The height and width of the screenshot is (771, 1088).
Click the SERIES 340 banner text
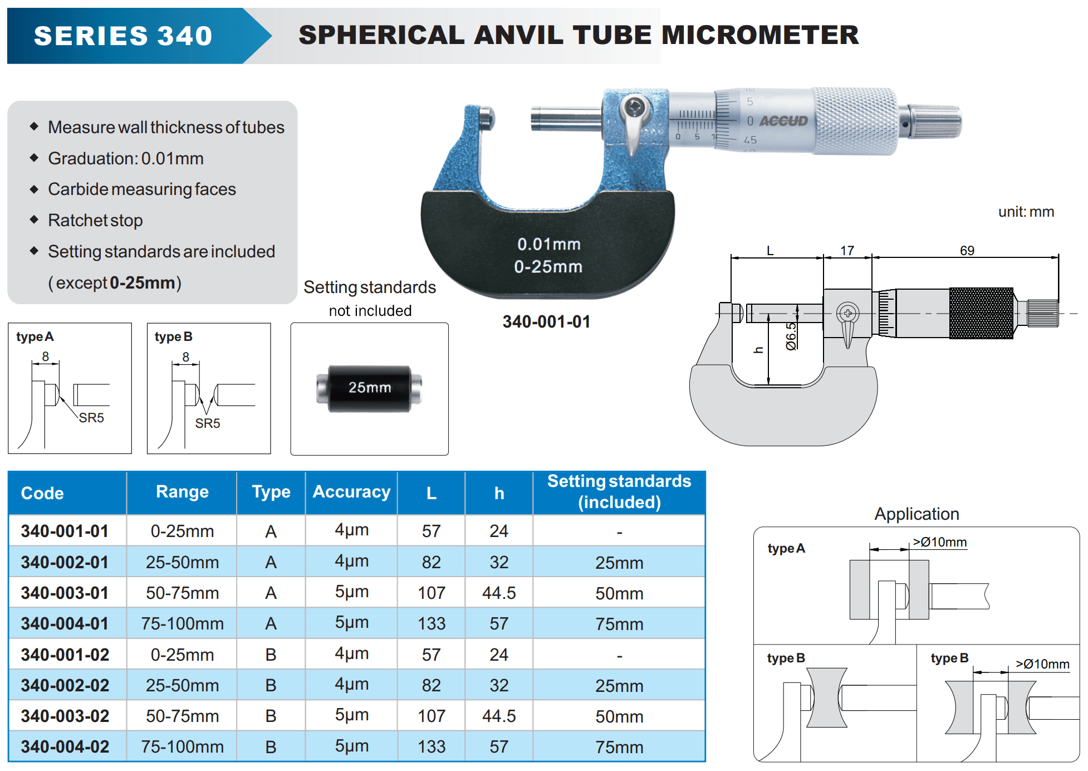123,36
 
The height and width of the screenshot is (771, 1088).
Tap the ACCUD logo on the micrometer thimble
783,121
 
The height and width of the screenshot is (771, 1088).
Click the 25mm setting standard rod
369,388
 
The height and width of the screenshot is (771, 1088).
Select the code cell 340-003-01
65,593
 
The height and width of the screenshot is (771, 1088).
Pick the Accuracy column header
351,492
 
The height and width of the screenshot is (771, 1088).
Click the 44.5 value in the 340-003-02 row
499,716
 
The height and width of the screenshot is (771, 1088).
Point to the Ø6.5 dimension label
791,336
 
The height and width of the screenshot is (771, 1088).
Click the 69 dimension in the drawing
967,251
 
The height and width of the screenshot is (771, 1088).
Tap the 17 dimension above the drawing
847,251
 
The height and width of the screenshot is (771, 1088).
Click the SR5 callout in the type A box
91,418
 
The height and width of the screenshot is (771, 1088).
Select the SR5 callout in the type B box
207,423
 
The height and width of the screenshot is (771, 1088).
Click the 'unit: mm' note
1026,212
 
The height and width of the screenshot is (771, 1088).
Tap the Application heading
917,514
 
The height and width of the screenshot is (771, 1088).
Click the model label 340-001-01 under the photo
546,321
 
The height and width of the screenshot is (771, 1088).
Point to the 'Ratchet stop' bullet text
95,221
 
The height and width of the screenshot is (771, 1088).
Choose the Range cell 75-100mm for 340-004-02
182,746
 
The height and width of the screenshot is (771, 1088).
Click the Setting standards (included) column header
619,491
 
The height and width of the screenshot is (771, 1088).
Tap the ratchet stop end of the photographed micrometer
935,121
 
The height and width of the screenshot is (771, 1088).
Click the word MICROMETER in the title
760,35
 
